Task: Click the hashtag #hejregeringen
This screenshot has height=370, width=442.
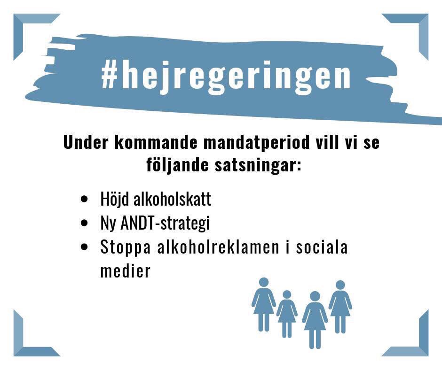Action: (226, 76)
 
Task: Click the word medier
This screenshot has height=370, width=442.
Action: (125, 271)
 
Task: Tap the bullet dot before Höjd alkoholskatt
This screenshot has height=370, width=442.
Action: (85, 199)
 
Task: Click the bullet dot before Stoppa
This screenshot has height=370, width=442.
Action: (85, 247)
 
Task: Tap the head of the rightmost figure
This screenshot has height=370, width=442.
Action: (340, 285)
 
